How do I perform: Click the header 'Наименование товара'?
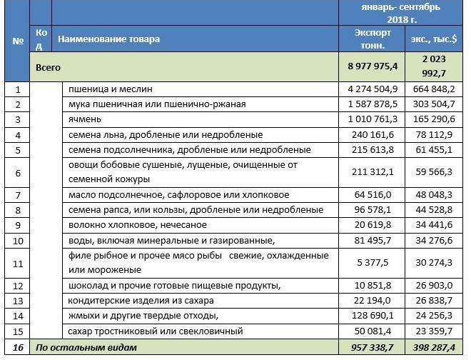pos(109,39)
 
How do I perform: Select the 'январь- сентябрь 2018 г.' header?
pos(400,13)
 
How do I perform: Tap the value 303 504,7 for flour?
pos(434,104)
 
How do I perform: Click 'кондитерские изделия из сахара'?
pos(141,300)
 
